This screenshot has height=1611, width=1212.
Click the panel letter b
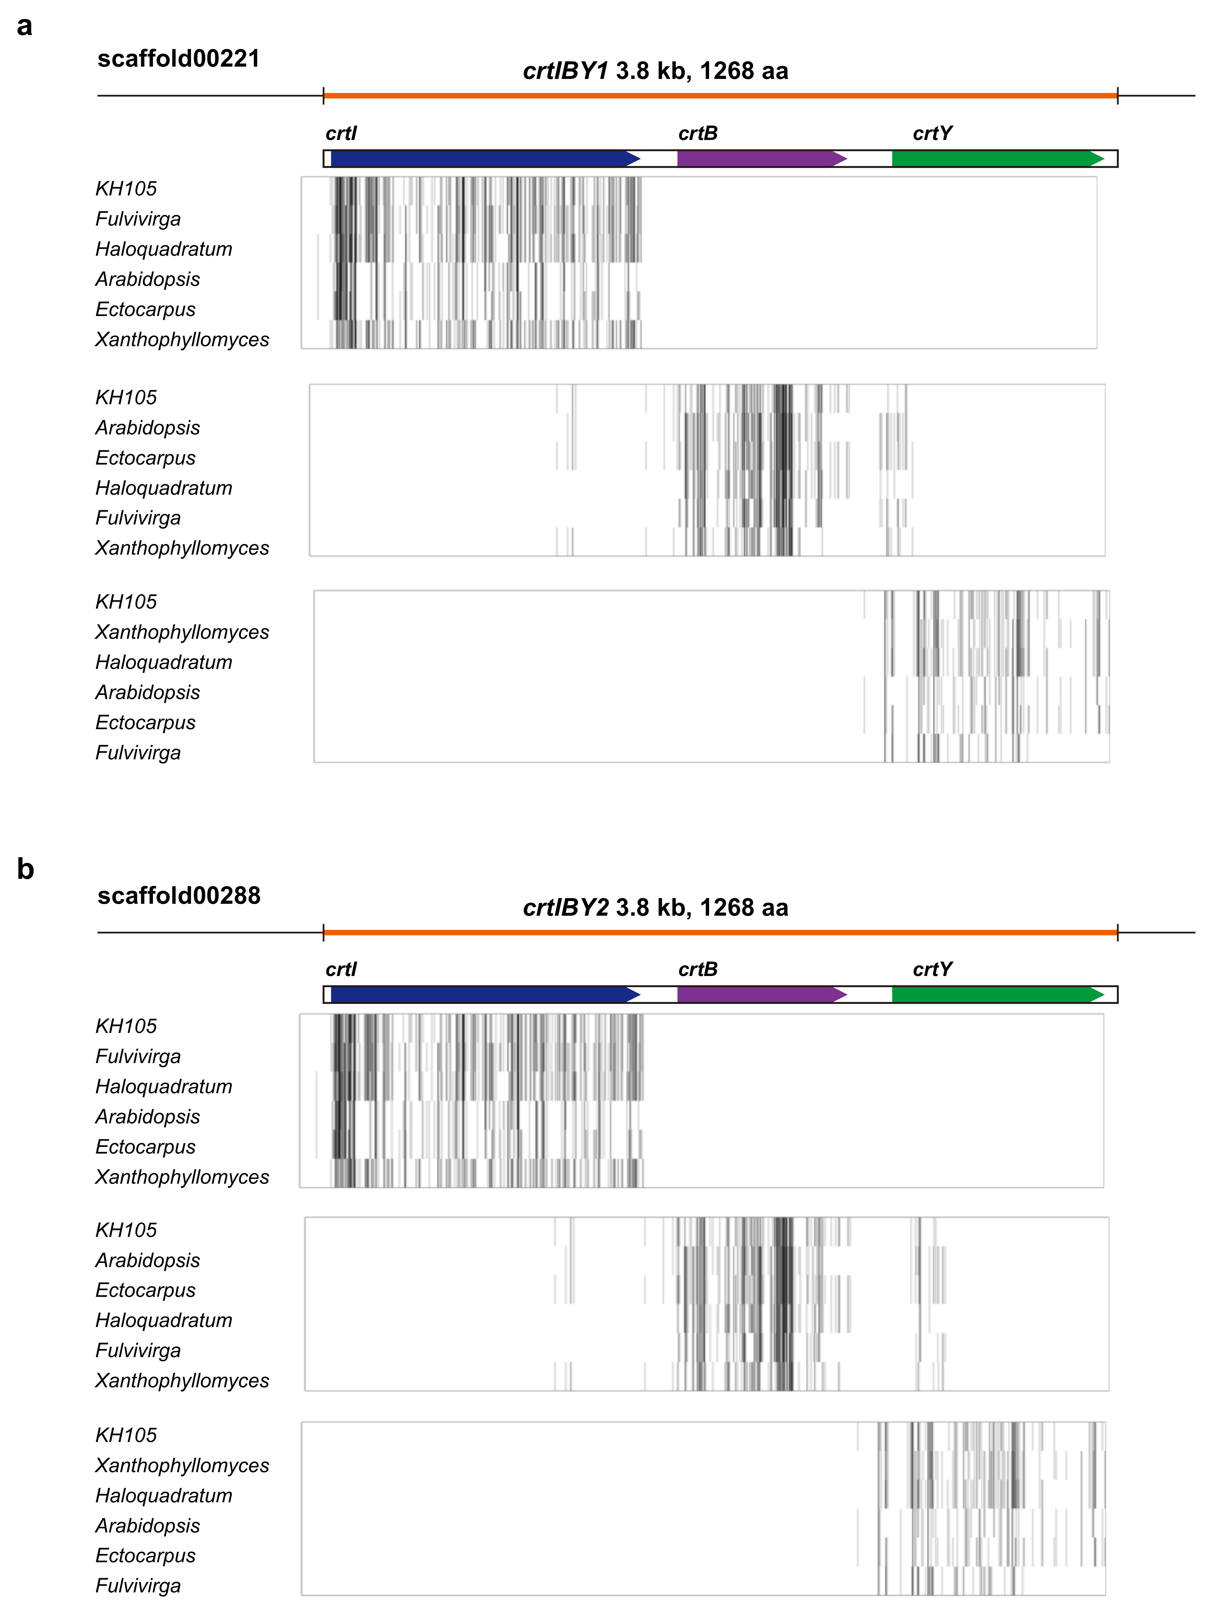pos(25,869)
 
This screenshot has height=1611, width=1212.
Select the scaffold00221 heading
pos(178,58)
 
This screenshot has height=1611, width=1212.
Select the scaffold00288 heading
pos(178,895)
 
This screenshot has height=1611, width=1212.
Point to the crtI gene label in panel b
pos(341,969)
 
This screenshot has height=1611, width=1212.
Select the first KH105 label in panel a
pos(126,189)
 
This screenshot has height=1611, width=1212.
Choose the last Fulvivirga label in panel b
pos(138,1586)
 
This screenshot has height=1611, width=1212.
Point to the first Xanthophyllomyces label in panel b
pos(182,1177)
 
